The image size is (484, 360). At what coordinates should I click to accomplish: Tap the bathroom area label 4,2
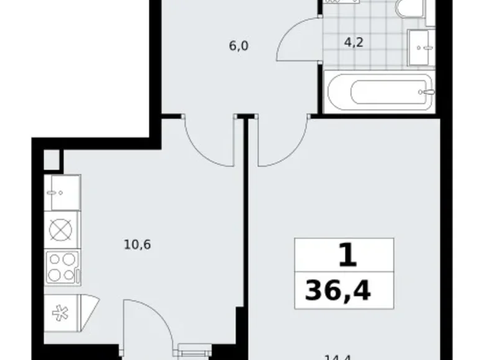(x=354, y=44)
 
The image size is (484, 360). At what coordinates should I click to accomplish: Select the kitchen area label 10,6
(x=137, y=244)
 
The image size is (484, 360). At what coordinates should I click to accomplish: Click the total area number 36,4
(x=338, y=289)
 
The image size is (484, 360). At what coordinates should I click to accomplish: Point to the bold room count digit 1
(x=348, y=256)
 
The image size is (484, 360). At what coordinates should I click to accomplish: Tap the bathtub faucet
(x=428, y=92)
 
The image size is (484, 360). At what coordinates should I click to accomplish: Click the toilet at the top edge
(x=410, y=9)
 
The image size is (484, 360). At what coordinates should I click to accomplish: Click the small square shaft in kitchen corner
(x=53, y=160)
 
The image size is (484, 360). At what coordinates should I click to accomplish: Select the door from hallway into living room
(x=282, y=143)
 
